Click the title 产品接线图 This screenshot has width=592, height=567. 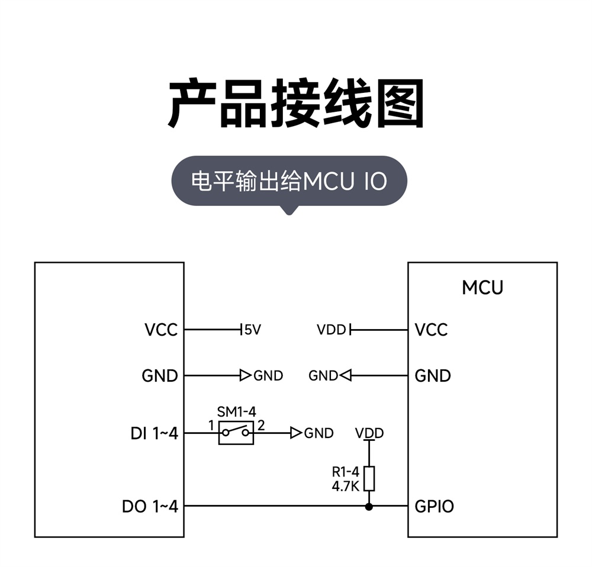[x=296, y=105]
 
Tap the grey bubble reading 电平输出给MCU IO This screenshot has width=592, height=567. [x=289, y=181]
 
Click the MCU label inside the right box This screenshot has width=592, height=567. [x=482, y=288]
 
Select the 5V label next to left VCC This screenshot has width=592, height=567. [x=253, y=330]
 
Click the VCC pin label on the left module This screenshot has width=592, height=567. [x=161, y=330]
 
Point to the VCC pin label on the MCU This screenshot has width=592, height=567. [x=432, y=330]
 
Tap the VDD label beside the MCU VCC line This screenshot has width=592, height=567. [x=331, y=330]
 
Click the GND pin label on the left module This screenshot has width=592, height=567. [x=160, y=376]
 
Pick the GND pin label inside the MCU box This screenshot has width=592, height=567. [x=433, y=376]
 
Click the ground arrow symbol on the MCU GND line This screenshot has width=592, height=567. [x=345, y=375]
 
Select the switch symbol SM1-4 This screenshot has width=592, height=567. [x=236, y=433]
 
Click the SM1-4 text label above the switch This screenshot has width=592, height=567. [x=236, y=412]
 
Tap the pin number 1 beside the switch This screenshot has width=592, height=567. [x=211, y=426]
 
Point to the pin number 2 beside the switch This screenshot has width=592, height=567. [x=261, y=426]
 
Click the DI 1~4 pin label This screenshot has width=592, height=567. [x=154, y=433]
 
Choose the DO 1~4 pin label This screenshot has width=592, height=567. [x=150, y=507]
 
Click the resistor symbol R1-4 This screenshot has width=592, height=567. [x=369, y=478]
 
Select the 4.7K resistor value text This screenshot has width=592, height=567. [x=345, y=486]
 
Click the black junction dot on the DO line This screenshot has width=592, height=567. [x=369, y=506]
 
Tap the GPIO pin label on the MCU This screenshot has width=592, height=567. [x=435, y=507]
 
